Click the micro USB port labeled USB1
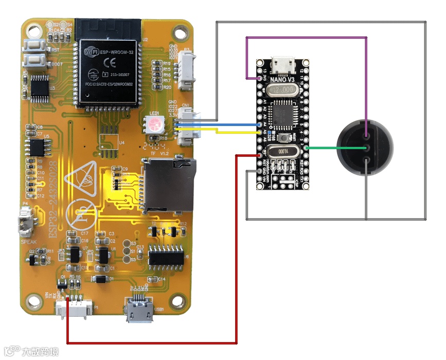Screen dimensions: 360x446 [x=137, y=310]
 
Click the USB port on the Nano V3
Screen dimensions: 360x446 [x=282, y=64]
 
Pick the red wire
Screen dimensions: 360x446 [x=154, y=343]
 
